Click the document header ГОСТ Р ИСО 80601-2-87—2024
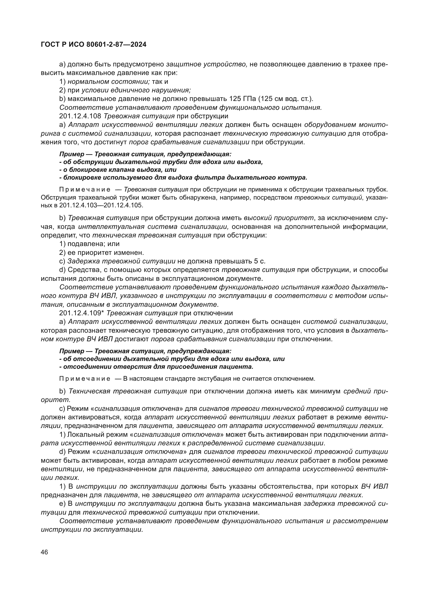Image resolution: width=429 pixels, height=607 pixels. [x=94, y=45]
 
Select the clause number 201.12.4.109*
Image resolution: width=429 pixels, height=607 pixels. [x=82, y=313]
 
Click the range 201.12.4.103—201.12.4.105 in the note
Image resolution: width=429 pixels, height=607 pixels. [x=101, y=205]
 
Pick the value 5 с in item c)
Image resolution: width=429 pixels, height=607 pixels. [x=259, y=262]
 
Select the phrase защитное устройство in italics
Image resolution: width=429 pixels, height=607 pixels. [x=206, y=64]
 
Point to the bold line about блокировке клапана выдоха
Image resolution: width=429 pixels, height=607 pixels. [x=118, y=169]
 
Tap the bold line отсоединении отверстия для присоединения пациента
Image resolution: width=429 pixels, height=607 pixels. [x=156, y=367]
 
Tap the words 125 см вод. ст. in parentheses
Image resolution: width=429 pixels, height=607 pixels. [x=285, y=99]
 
